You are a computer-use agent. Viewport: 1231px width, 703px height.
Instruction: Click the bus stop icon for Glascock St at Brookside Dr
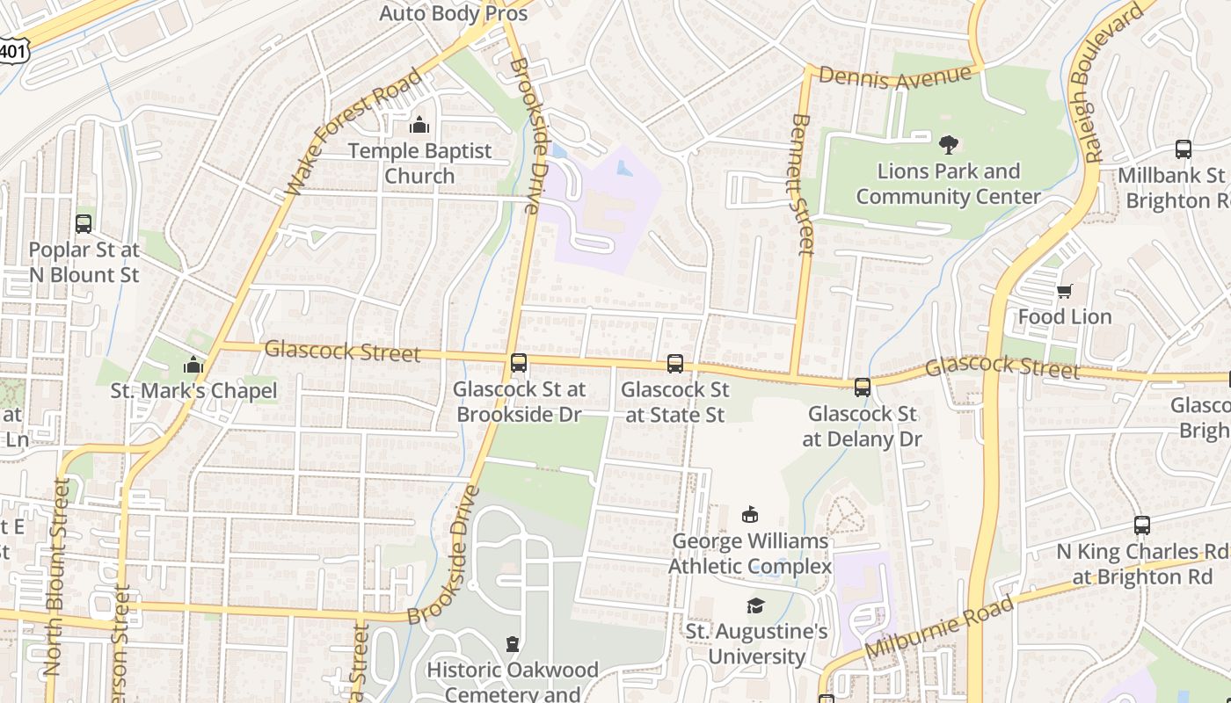point(519,363)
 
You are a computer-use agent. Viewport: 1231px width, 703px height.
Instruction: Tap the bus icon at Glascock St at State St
point(675,364)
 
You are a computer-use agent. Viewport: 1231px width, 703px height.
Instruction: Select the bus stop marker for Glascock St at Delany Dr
point(863,388)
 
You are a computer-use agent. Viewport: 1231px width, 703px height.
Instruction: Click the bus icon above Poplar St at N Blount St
point(84,224)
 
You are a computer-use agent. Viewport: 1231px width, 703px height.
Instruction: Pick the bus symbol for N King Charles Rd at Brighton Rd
point(1142,525)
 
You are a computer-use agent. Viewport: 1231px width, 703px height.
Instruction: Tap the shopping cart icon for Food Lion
point(1065,291)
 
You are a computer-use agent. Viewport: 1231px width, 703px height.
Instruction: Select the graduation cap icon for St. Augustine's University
point(755,605)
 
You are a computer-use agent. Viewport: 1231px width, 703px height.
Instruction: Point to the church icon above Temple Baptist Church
point(419,125)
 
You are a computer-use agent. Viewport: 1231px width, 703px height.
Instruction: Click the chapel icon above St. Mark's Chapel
point(193,366)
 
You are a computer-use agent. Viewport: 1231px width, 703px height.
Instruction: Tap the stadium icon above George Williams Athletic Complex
point(750,515)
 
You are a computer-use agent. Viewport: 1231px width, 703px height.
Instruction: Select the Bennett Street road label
point(801,185)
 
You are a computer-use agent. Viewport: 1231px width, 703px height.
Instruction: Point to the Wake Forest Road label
point(354,134)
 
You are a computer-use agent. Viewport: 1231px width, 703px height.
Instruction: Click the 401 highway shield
point(12,52)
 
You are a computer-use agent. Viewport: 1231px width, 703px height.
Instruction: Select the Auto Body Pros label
point(453,13)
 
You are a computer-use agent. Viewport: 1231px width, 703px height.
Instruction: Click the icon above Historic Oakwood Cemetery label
point(513,645)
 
